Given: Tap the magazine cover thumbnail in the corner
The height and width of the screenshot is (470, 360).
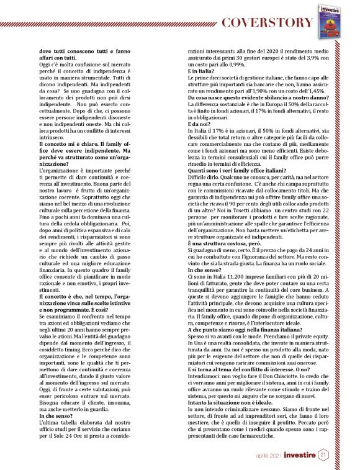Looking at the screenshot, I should pos(331,17).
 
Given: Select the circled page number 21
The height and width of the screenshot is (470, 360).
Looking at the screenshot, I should pos(324,456).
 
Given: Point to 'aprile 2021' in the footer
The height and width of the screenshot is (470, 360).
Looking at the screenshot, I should pos(271,456).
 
